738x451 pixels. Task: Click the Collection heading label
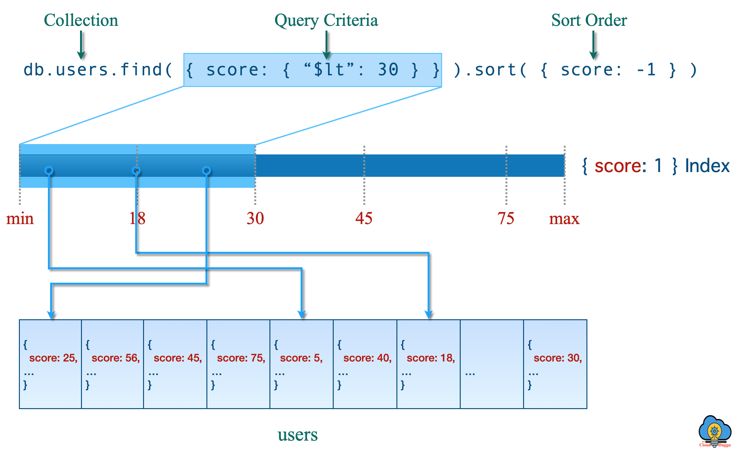point(81,20)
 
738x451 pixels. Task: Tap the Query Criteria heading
point(326,20)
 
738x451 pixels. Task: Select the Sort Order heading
point(589,20)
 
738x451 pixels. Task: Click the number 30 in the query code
point(388,70)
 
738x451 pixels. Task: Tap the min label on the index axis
point(20,218)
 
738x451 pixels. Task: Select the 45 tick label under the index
point(364,218)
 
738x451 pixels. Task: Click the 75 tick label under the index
point(506,218)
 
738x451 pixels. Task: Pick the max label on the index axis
point(564,218)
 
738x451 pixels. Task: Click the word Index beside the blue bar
point(707,166)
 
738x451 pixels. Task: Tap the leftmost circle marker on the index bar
point(49,171)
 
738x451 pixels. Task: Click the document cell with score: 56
point(112,364)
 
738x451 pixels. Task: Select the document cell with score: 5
point(301,364)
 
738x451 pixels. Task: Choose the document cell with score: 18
point(428,364)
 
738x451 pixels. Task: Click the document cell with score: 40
point(365,364)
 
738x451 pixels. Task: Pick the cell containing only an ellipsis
point(492,364)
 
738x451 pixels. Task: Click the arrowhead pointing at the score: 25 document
point(51,315)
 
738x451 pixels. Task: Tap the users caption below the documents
point(297,435)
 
